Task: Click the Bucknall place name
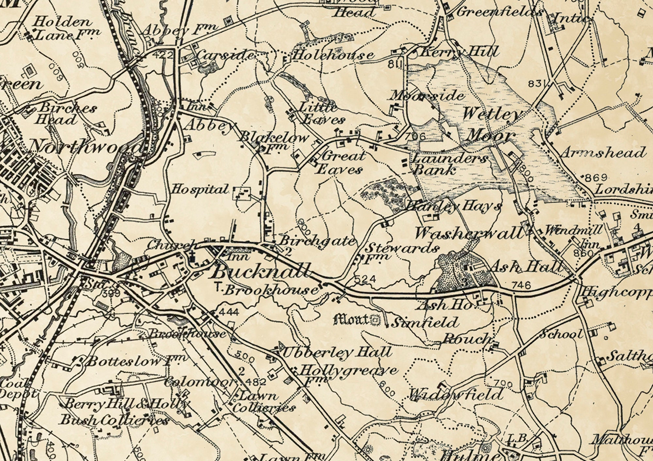tap(261, 271)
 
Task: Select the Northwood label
tap(86, 146)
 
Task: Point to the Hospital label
tap(200, 189)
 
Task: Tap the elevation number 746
tap(521, 285)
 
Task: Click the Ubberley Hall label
tap(336, 352)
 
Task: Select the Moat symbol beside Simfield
tap(376, 320)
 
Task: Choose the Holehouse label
tap(333, 55)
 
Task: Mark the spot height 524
tap(365, 279)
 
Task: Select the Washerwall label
tap(469, 233)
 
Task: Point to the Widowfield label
tap(456, 395)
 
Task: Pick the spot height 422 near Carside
tap(162, 55)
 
